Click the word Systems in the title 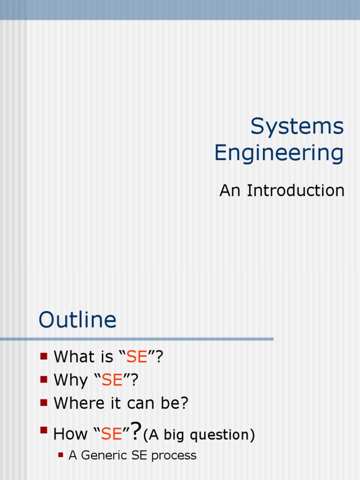click(x=297, y=127)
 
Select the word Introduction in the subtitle click(x=296, y=191)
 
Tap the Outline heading click(x=77, y=321)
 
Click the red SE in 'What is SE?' click(x=137, y=357)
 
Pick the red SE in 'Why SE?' click(x=112, y=380)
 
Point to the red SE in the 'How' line click(x=112, y=435)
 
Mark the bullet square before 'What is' click(x=44, y=356)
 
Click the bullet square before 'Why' click(x=44, y=379)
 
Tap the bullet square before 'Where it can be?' click(x=44, y=402)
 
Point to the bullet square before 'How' click(x=44, y=429)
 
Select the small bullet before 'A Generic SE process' click(x=60, y=454)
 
